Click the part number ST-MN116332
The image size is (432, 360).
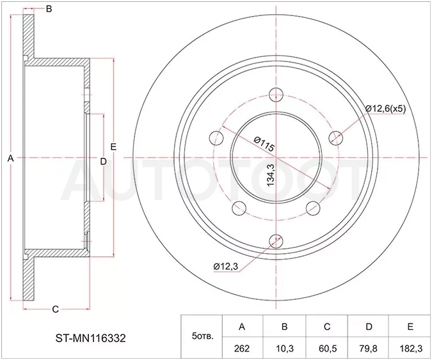(91, 338)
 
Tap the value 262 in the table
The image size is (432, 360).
(242, 348)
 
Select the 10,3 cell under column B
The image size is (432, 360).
(284, 348)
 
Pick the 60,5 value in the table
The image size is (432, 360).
(327, 348)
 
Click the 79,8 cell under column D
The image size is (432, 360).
(369, 348)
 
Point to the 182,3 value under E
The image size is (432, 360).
(410, 348)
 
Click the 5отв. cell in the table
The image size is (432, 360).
(202, 336)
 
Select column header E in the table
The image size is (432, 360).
(410, 326)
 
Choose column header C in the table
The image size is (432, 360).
(327, 326)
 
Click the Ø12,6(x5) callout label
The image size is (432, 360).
(385, 109)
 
